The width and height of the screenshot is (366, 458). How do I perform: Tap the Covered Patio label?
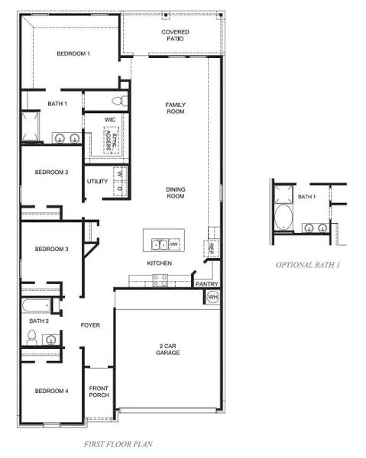[175, 36]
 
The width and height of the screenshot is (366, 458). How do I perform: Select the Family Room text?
[175, 108]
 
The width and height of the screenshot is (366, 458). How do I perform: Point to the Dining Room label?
[175, 193]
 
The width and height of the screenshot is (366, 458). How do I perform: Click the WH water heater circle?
[213, 296]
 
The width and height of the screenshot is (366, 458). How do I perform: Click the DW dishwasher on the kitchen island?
[173, 245]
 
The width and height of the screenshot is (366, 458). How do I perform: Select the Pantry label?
[206, 284]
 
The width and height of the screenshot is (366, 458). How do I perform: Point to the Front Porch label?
[99, 391]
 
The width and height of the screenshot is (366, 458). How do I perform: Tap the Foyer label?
[90, 325]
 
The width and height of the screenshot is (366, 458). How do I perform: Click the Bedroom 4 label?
[52, 391]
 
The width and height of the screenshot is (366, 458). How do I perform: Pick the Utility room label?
[97, 181]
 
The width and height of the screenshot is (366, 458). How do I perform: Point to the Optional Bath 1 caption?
[308, 265]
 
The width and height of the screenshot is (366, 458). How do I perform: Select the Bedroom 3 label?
[52, 249]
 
